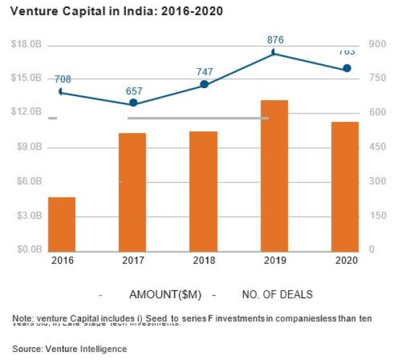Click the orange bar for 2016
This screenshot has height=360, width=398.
coord(62,223)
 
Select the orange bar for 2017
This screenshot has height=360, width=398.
coord(133,192)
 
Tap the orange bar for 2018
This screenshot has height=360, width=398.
coord(204,191)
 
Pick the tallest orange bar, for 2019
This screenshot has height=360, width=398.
coord(275,175)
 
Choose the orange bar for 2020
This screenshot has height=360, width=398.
coord(345,186)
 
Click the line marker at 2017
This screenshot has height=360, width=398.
coord(133,103)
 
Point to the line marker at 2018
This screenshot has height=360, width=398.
coord(204,84)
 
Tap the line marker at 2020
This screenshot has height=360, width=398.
coord(346,68)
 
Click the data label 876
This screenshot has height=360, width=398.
coord(275,40)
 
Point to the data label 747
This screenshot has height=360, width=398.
coord(204,71)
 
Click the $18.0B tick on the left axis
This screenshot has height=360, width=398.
coord(27,44)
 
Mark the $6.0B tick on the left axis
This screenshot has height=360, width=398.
coord(27,181)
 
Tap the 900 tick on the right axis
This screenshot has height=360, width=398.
coord(377,44)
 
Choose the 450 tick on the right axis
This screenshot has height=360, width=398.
coord(377,147)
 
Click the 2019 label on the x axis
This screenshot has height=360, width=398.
coord(275,261)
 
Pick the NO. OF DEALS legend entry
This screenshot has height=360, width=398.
coord(268,294)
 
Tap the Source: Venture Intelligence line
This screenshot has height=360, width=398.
coord(70,348)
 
